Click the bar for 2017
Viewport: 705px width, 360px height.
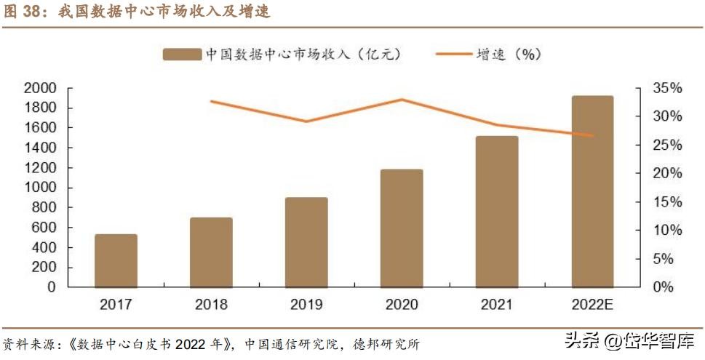[116, 260]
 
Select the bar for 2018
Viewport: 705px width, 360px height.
[212, 252]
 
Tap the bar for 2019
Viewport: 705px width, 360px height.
[306, 242]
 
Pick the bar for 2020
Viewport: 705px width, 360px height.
[402, 228]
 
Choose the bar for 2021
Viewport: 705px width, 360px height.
[497, 212]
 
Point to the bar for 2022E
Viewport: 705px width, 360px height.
[592, 191]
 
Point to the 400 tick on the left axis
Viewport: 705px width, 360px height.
[45, 247]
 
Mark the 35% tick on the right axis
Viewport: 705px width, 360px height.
[666, 88]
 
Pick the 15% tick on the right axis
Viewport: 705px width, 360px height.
[666, 201]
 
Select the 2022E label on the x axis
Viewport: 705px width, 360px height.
[592, 304]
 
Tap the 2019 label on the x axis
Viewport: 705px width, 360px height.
[306, 304]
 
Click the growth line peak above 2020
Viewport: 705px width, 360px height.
[402, 100]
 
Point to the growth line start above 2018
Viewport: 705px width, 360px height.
[212, 101]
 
